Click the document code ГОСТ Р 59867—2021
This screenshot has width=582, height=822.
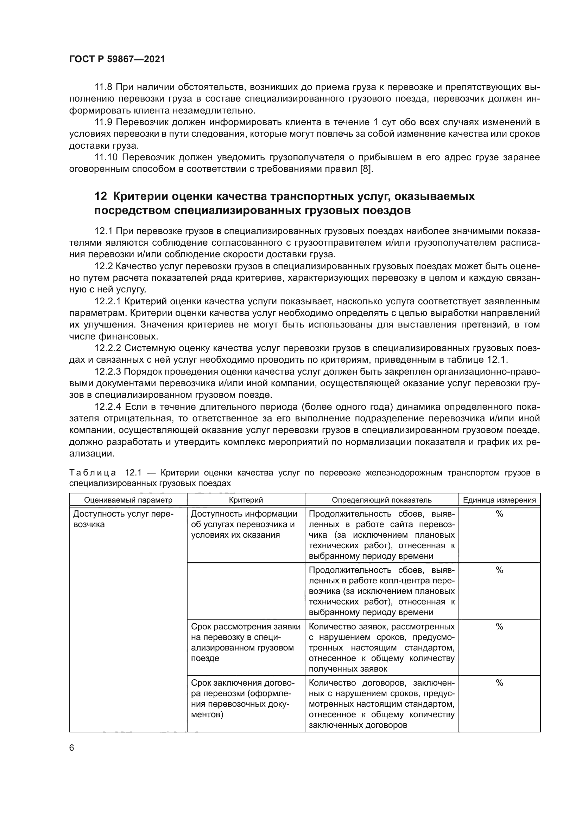click(117, 59)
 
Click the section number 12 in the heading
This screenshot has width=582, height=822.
click(100, 196)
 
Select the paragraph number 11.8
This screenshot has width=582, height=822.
click(103, 87)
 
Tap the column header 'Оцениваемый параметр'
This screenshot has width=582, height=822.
click(128, 500)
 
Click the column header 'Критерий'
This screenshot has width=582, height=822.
click(246, 500)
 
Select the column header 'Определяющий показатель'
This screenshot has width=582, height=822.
click(382, 500)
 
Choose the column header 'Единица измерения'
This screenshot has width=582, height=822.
click(499, 500)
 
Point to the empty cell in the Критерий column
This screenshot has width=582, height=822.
click(246, 591)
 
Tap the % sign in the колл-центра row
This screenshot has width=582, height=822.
click(499, 570)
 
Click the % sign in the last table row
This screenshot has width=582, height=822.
click(499, 683)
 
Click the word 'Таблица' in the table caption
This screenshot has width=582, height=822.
click(93, 473)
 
